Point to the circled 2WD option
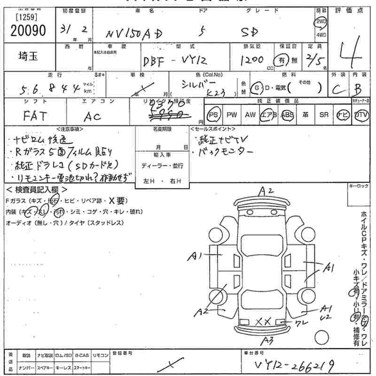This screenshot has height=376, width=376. click(321, 22)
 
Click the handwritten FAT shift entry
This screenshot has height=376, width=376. click(35, 116)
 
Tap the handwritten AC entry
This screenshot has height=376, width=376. click(92, 117)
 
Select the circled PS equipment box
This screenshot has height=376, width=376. click(214, 115)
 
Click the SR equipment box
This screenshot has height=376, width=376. click(324, 115)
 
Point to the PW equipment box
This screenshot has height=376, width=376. click(232, 115)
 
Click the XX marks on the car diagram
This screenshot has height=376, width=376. click(263, 321)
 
